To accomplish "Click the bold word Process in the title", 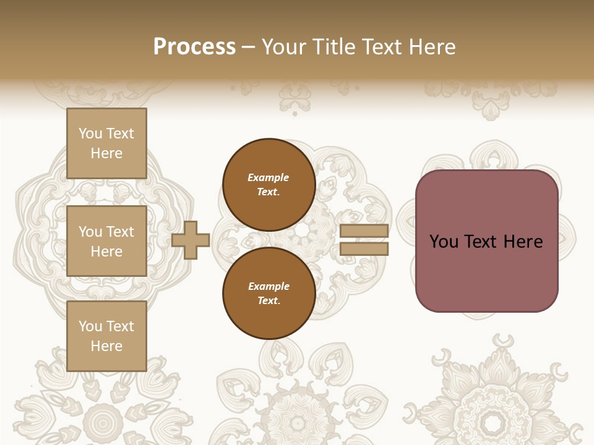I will (194, 47).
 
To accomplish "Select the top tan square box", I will (106, 143).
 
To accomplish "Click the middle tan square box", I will (106, 241).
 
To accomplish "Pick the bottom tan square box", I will (106, 336).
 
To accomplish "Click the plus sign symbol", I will (191, 240).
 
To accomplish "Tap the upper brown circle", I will (269, 185).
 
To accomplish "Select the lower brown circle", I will (269, 293).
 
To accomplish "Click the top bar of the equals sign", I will (364, 231).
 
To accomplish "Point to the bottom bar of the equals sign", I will (364, 249).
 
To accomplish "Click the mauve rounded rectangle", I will (486, 241).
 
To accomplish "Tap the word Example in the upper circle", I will (269, 177).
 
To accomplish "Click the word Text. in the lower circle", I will (269, 301).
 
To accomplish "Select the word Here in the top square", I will (106, 153).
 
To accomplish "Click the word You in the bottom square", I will (90, 326).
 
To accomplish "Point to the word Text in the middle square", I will (119, 232).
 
